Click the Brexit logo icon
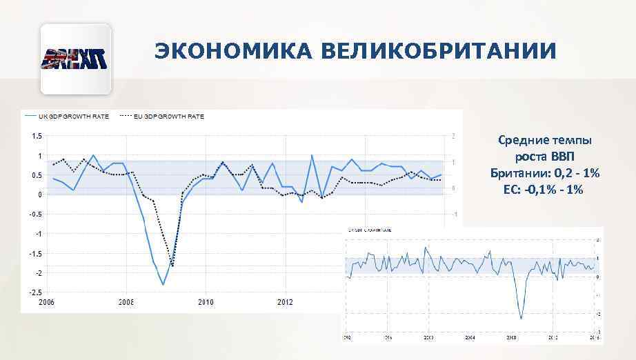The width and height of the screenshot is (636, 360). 76,59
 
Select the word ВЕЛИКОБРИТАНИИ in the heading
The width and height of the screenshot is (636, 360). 433,52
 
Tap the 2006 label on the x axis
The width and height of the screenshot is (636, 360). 46,303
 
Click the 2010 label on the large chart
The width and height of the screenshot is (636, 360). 206,303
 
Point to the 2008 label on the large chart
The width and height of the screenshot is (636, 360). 126,303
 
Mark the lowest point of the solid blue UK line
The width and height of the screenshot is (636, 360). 163,284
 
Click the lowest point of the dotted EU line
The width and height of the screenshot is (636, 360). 172,266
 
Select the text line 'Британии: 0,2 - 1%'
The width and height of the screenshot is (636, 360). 544,172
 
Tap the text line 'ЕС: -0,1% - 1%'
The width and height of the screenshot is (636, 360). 544,188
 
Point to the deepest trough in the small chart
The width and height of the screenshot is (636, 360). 521,319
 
